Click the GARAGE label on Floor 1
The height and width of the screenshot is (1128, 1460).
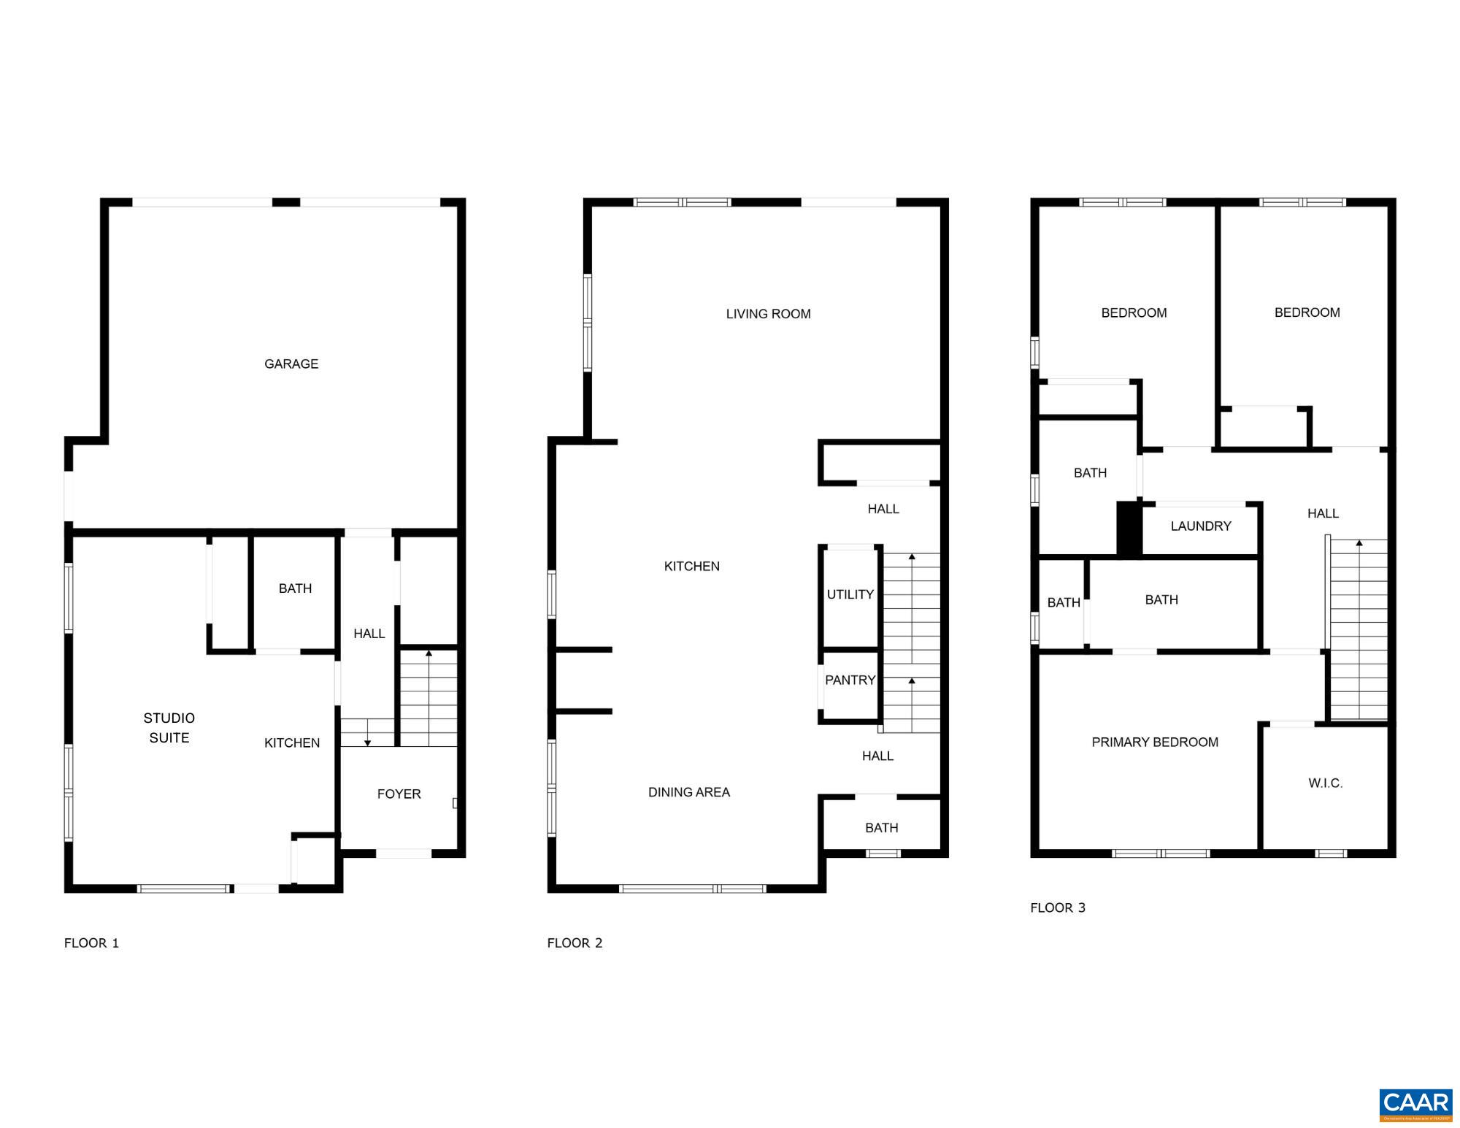(x=291, y=364)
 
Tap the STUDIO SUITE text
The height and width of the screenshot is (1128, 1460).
(x=169, y=728)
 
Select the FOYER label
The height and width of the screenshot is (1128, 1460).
(x=399, y=794)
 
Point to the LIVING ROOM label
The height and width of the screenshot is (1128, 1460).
(x=768, y=314)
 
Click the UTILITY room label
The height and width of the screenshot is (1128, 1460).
(x=850, y=594)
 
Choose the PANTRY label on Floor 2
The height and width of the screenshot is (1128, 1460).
(x=850, y=680)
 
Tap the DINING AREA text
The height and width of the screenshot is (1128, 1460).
(x=688, y=792)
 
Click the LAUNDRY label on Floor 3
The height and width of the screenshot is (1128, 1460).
(x=1200, y=526)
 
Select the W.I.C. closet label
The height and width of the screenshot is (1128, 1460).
(x=1325, y=783)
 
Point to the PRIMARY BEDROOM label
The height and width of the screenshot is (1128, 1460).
(x=1154, y=742)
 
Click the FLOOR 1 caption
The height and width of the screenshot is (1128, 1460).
(x=91, y=943)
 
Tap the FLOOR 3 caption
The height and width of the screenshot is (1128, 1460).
(x=1057, y=908)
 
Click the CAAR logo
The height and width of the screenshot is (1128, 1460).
(x=1415, y=1103)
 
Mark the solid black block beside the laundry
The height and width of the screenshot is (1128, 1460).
(x=1129, y=529)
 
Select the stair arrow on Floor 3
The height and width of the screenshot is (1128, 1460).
(x=1359, y=544)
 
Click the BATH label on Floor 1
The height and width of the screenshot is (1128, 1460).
(x=295, y=588)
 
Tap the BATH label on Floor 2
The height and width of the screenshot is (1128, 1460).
(x=881, y=827)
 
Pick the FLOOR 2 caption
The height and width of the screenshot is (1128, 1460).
(x=575, y=943)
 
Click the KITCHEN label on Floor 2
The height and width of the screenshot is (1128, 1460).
(x=691, y=566)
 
